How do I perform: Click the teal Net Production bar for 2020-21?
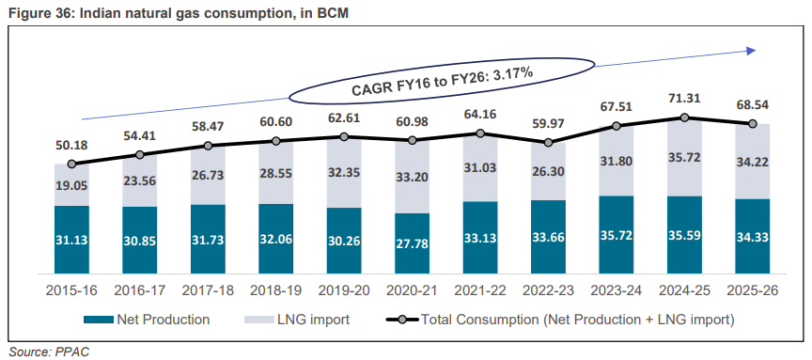coord(413,243)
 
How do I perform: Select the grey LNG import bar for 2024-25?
coord(684,157)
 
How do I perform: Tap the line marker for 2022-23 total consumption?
coord(549,143)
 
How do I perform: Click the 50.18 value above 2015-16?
coord(71,146)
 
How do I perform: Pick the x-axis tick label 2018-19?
coord(276,291)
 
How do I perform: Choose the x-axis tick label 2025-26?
coord(753,291)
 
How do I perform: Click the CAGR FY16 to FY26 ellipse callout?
coord(441,81)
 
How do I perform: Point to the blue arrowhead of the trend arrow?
coord(750,50)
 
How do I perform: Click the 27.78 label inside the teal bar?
coord(413,243)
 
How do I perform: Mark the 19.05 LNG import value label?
coord(71,183)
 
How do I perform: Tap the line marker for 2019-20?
coord(344,136)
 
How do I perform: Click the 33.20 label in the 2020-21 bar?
coord(413,178)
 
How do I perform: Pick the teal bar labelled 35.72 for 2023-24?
coord(617,235)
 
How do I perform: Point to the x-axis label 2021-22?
coord(480,291)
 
